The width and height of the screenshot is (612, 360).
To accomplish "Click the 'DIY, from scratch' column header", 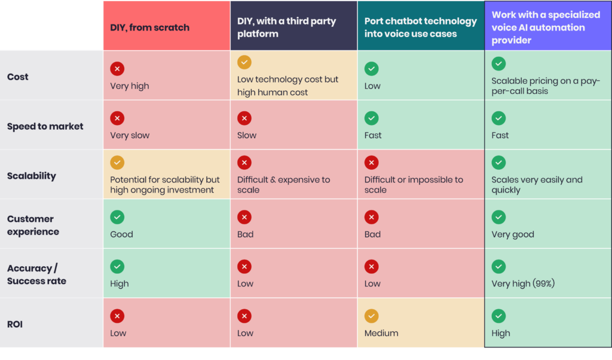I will pyautogui.click(x=149, y=28).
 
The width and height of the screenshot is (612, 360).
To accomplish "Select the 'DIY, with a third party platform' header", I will pyautogui.click(x=286, y=28).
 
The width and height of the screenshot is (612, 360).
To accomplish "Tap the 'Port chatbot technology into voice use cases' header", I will pyautogui.click(x=420, y=28).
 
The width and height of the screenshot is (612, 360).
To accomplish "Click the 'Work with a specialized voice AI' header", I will pyautogui.click(x=538, y=28).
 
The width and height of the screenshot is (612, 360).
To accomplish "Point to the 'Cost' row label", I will pyautogui.click(x=18, y=77).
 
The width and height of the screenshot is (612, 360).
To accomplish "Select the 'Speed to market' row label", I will pyautogui.click(x=45, y=126).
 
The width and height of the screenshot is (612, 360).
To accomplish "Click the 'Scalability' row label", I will pyautogui.click(x=32, y=176).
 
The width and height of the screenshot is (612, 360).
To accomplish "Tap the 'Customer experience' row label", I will pyautogui.click(x=33, y=225).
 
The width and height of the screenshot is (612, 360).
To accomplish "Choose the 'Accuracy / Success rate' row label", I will pyautogui.click(x=36, y=274).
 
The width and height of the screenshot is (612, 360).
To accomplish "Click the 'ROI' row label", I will pyautogui.click(x=15, y=324).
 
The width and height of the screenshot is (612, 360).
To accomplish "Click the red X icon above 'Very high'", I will pyautogui.click(x=117, y=69).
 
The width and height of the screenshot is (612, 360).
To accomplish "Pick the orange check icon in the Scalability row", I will pyautogui.click(x=117, y=162).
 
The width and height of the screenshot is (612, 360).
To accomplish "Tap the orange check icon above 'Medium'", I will pyautogui.click(x=372, y=316).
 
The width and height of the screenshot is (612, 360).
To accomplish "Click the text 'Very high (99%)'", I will pyautogui.click(x=523, y=283).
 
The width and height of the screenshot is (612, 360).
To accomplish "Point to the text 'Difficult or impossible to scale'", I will pyautogui.click(x=414, y=185).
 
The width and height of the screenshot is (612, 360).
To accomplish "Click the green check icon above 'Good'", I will pyautogui.click(x=117, y=217).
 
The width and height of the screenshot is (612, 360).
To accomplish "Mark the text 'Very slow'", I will pyautogui.click(x=130, y=135).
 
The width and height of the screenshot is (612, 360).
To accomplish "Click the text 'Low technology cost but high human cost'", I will pyautogui.click(x=287, y=86).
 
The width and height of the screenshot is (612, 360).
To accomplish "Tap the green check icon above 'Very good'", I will pyautogui.click(x=498, y=217).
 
